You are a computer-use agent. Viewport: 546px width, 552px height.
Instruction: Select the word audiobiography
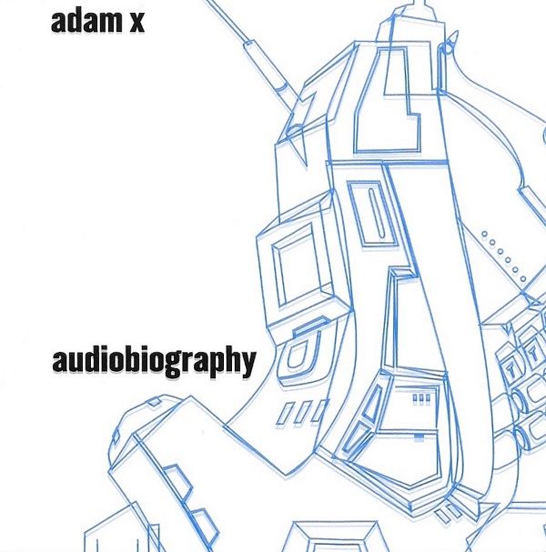[154, 361]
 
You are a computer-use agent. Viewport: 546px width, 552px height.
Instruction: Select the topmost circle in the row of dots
[485, 234]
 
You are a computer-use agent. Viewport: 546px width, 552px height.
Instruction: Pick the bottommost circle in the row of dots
[522, 279]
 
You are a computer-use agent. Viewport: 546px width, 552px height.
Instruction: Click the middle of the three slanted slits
[302, 413]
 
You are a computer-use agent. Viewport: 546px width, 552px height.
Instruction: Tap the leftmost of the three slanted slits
[285, 413]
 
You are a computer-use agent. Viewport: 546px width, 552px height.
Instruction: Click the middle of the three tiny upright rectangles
[421, 398]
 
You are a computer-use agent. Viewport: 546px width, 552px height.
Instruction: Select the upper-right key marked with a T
[533, 353]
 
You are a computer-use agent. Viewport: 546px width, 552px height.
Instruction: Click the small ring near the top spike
[446, 48]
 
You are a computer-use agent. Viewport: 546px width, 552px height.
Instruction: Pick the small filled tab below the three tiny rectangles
[419, 437]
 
